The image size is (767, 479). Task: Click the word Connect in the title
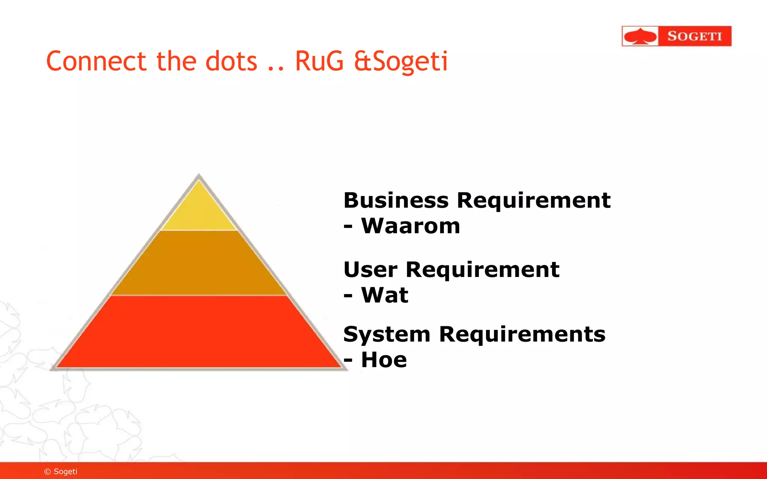[96, 61]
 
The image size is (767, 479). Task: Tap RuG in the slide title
[319, 61]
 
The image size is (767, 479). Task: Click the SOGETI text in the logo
[694, 36]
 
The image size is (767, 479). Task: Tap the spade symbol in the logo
[640, 36]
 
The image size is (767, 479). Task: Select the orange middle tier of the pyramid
[198, 264]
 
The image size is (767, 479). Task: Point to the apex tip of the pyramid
[199, 176]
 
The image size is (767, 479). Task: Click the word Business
[396, 201]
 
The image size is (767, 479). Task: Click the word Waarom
[410, 226]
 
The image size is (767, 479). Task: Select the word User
[370, 270]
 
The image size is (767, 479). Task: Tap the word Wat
[384, 295]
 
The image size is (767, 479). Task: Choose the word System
[386, 335]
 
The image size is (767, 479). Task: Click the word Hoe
[383, 360]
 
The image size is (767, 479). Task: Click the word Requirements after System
[522, 335]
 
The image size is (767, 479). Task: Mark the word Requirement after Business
[534, 201]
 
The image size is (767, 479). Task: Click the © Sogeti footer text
[61, 472]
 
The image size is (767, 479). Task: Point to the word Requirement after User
[482, 270]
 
